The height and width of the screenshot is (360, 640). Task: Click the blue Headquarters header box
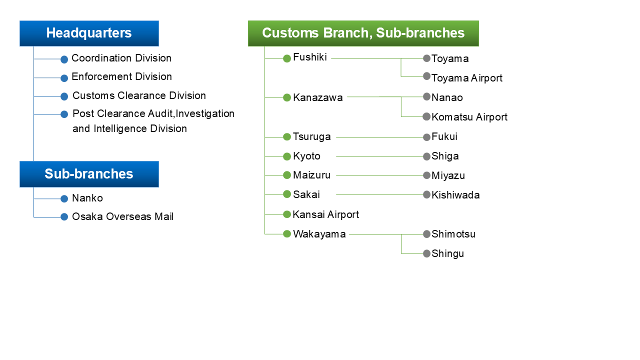[x=89, y=33]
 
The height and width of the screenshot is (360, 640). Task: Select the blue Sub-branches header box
[x=89, y=174]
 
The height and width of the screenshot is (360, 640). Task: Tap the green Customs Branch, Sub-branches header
[x=363, y=33]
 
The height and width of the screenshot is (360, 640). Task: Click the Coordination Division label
[x=121, y=58]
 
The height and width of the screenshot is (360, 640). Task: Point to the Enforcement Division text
[x=121, y=77]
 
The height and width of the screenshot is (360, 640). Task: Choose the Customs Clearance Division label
[x=139, y=96]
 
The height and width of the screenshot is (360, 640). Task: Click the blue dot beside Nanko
[x=64, y=199]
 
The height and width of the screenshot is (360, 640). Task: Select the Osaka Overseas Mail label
[x=122, y=217]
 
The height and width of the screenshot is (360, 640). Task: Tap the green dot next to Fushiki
[x=287, y=58]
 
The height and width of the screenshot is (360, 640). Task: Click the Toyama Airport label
[x=466, y=78]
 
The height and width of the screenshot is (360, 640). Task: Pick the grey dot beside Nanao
[x=426, y=97]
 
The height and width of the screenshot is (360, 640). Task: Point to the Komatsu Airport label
[x=469, y=117]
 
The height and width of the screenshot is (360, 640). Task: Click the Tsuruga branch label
[x=311, y=137]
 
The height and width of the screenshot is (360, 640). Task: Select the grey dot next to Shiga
[x=426, y=156]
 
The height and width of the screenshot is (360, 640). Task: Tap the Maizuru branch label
[x=311, y=175]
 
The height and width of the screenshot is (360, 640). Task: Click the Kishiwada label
[x=455, y=195]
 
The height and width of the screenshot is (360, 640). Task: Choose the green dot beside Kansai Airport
[x=287, y=214]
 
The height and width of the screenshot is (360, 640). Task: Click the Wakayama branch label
[x=319, y=234]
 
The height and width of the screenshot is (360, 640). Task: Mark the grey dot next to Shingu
[x=426, y=253]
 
